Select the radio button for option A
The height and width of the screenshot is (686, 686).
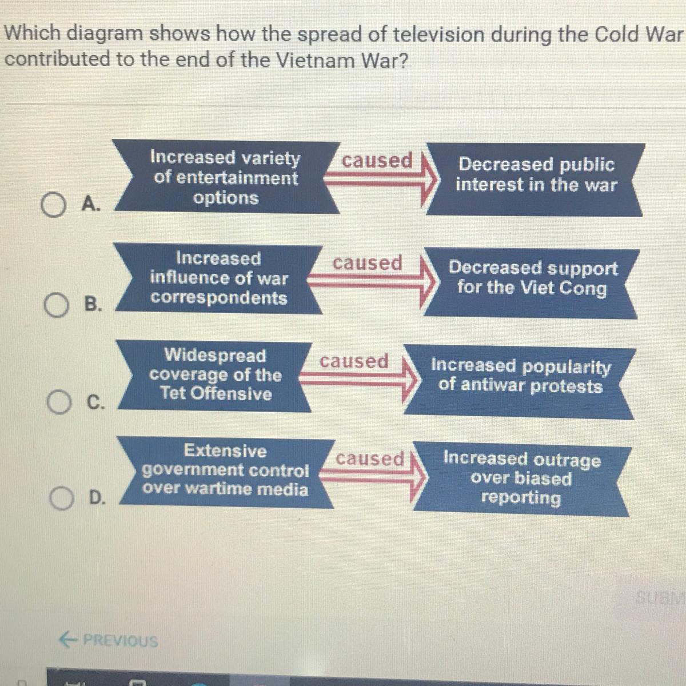pos(53,205)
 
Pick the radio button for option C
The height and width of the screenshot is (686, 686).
pos(59,402)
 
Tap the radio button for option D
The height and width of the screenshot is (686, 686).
pos(62,498)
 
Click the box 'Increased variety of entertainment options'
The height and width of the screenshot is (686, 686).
pos(226,177)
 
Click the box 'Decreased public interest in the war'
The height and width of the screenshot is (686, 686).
pos(536,180)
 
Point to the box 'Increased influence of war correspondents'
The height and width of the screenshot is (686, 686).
pos(218,279)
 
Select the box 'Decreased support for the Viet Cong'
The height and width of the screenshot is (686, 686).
pos(532,283)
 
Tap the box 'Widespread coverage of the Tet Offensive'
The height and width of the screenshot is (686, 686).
pos(215,376)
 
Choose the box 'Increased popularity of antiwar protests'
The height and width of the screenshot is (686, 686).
pos(520,381)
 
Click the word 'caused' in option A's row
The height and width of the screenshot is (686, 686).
pos(377,160)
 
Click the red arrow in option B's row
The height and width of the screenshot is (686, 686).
pos(372,282)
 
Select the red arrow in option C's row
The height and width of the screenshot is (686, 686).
pos(358,380)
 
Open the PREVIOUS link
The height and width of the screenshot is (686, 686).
pos(109,640)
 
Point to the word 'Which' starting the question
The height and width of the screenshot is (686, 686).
pos(33,33)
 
